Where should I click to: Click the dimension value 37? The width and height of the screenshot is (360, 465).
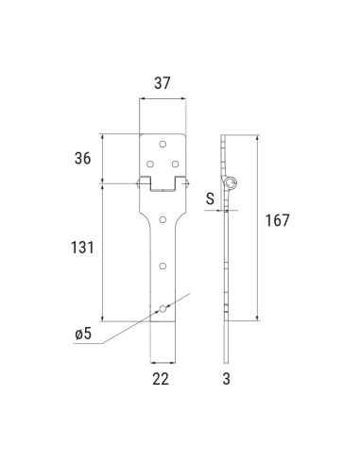[x=162, y=83]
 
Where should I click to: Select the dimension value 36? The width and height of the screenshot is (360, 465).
[x=82, y=158]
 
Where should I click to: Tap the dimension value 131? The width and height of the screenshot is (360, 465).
[x=82, y=248]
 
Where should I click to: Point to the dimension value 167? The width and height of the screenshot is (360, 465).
[x=277, y=220]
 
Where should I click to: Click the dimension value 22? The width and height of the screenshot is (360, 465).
[x=161, y=379]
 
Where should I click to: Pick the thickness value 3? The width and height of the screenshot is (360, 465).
[x=226, y=379]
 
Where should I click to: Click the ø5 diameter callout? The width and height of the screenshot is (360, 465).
[x=83, y=334]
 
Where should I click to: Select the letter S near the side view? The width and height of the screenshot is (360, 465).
[x=210, y=198]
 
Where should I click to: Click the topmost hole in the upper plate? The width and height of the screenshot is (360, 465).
[x=163, y=145]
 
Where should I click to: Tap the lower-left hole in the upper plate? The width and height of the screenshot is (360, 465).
[x=150, y=164]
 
